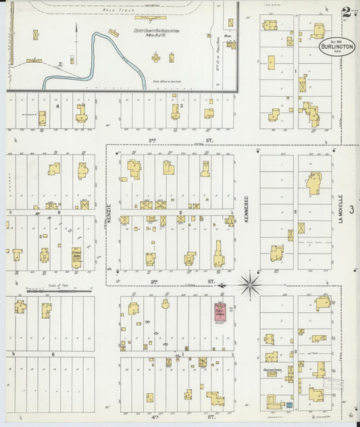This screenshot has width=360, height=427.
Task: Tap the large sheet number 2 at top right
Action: coord(346,11)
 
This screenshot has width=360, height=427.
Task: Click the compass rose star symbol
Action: coord(250,284)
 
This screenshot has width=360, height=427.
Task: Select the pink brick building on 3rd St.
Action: coord(220,311)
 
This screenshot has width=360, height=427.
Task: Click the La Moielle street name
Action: coord(341,210)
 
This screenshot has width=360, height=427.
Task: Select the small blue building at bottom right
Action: coord(288,405)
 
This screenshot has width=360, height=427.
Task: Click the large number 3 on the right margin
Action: coord(351,211)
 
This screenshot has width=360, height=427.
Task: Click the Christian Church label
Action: coord(273,370)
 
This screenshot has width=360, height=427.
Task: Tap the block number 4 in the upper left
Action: coord(57,106)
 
